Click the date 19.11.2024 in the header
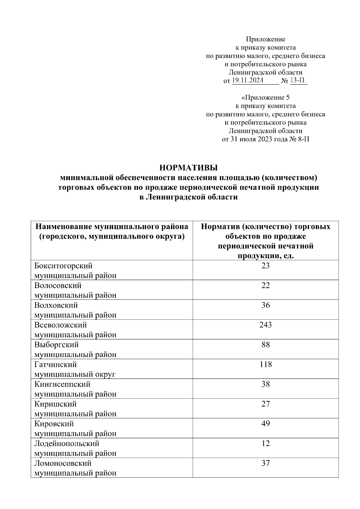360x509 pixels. [248, 80]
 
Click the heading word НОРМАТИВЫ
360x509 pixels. [188, 168]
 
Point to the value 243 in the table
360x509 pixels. [265, 325]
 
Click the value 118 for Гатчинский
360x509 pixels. [265, 365]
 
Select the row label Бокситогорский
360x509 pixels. [63, 266]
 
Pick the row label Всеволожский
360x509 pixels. [61, 325]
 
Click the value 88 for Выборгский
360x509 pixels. [265, 345]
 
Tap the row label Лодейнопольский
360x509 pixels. [67, 443]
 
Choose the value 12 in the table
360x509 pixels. [265, 443]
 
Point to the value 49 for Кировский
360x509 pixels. [265, 424]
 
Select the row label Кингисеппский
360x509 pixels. [62, 384]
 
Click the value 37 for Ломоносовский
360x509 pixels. [265, 463]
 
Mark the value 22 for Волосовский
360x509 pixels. [265, 285]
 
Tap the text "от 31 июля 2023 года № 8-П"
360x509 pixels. [265, 139]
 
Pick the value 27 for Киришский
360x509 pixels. [265, 404]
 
